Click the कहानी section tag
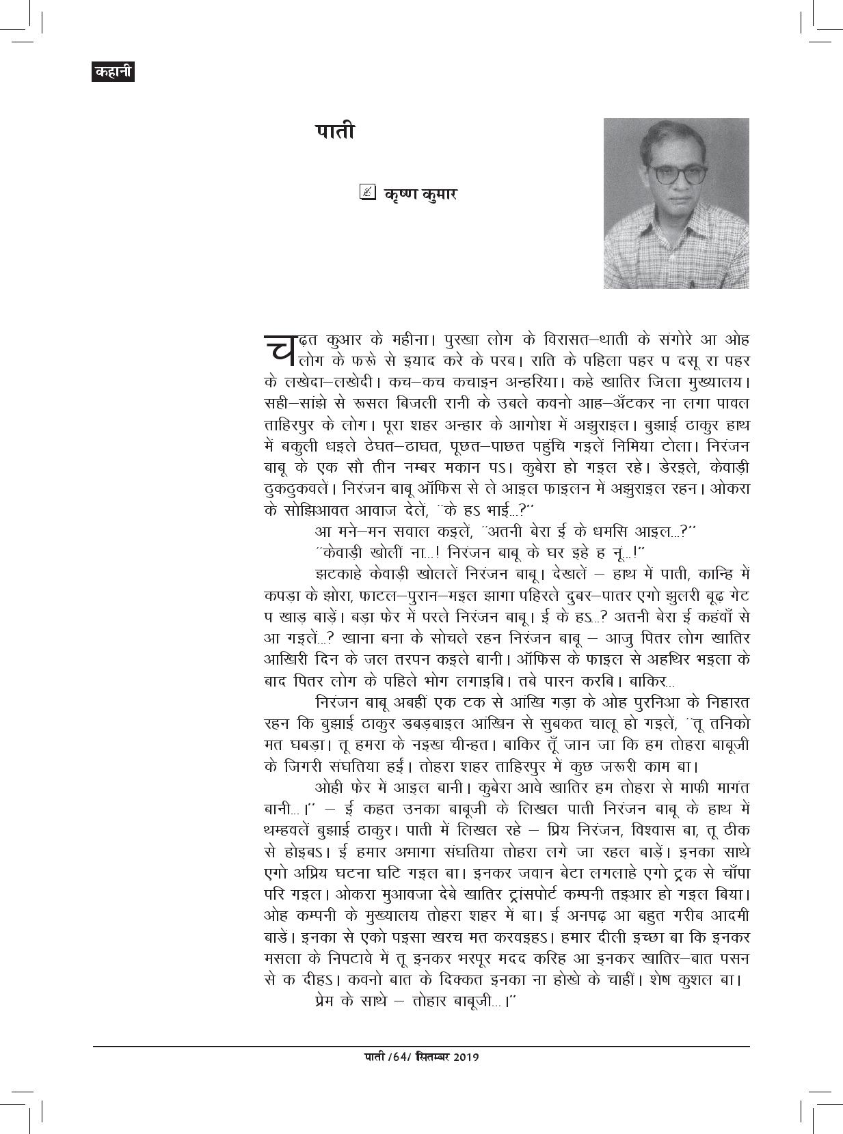[113, 72]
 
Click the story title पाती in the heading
[335, 131]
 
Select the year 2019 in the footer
[464, 1057]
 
